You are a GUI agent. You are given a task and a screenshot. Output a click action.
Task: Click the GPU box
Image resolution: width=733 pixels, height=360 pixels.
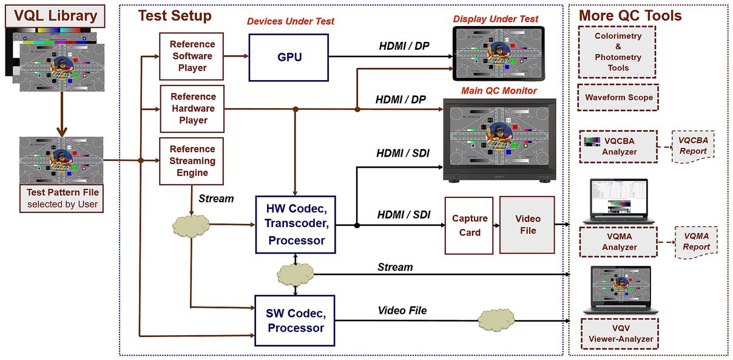(288, 58)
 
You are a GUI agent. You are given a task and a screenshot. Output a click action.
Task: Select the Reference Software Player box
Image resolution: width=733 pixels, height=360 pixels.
(192, 56)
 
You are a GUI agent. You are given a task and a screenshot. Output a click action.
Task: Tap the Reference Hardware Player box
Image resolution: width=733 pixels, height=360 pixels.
(192, 109)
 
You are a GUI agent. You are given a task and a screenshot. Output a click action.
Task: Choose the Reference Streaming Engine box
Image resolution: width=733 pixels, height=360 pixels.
(192, 161)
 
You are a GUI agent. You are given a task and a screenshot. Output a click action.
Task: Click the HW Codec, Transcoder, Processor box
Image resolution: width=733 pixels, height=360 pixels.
(294, 223)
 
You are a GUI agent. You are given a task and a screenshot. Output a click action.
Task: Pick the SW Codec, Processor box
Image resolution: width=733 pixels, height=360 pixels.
(294, 321)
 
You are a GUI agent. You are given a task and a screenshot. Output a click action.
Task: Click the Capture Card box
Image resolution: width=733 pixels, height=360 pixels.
(469, 225)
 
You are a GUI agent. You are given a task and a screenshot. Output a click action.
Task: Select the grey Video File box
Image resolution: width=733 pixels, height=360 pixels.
(527, 225)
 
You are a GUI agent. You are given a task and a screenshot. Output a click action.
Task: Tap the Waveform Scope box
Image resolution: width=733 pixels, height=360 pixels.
(618, 98)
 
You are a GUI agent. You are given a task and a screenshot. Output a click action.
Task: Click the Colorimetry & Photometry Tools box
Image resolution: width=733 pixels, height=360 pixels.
(617, 52)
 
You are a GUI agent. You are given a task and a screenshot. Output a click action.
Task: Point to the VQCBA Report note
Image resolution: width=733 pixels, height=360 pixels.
(692, 146)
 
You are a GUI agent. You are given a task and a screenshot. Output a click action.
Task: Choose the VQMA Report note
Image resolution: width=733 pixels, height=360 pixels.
(696, 242)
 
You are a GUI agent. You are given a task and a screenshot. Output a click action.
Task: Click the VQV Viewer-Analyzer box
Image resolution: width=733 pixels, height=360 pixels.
(620, 333)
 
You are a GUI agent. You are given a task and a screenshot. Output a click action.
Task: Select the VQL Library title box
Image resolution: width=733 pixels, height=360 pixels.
(55, 16)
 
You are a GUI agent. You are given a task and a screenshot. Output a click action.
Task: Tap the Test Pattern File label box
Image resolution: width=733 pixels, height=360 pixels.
(62, 198)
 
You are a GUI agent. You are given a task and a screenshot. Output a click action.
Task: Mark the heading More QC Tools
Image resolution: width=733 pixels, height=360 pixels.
(630, 16)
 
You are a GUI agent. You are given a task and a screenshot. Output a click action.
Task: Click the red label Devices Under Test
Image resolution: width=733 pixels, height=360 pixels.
(290, 22)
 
